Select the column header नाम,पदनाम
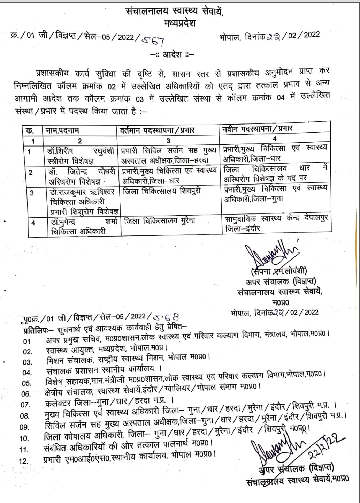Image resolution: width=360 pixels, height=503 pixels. [x=63, y=130]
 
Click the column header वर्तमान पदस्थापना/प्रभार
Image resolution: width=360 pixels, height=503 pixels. [x=157, y=130]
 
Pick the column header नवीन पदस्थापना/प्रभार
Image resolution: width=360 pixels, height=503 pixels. [x=258, y=129]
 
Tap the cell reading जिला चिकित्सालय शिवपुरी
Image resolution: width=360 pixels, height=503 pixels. [x=161, y=191]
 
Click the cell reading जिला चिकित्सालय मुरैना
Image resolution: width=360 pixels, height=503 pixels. [x=160, y=220]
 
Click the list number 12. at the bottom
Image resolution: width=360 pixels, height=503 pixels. [x=24, y=461]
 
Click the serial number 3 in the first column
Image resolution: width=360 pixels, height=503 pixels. [x=32, y=193]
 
